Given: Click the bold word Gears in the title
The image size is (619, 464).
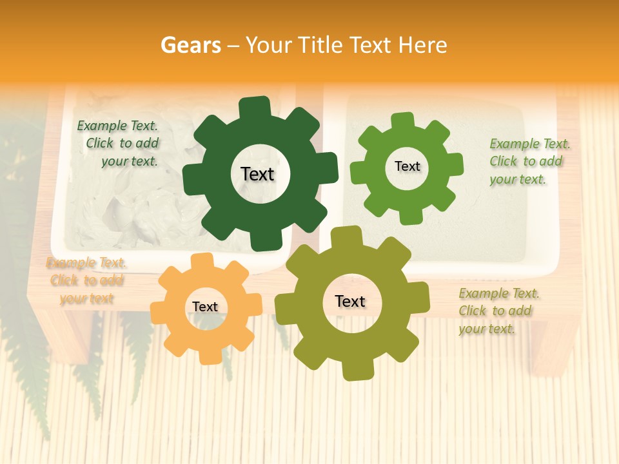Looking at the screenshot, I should (x=190, y=45).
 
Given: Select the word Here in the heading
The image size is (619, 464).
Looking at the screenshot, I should (x=422, y=45).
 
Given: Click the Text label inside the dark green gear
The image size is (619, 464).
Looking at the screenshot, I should (x=257, y=174).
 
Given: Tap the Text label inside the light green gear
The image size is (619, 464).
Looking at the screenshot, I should (x=407, y=166).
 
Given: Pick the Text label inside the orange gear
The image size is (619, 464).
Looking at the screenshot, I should (x=205, y=307).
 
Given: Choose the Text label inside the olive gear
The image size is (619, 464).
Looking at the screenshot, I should (x=350, y=301).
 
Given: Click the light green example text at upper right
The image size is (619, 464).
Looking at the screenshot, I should (x=526, y=161).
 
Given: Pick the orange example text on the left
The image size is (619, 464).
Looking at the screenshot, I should (x=86, y=280).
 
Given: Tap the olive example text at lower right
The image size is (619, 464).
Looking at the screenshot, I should (x=496, y=311).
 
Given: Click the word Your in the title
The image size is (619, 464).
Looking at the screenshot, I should (x=270, y=45).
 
